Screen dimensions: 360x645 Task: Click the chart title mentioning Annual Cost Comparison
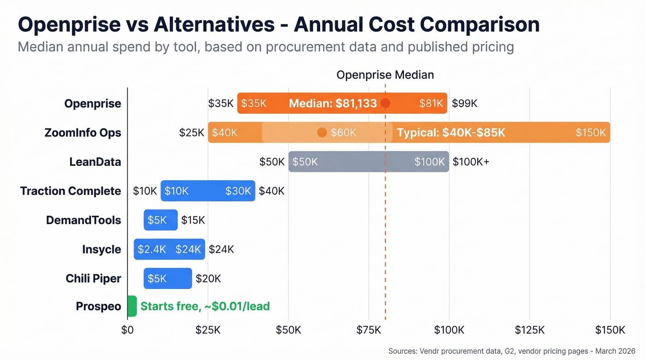coord(278,24)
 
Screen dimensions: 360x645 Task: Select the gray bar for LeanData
coord(369,162)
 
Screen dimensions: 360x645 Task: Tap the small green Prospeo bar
coord(132,307)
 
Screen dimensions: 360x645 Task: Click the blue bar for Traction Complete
coord(207,191)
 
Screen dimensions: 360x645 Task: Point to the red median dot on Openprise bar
coord(385,103)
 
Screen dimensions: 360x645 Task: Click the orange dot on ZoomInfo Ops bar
coord(322,133)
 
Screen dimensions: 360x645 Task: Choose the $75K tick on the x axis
coord(369,330)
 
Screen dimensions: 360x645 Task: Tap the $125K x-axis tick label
coord(529,330)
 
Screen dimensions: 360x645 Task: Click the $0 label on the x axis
coord(127,330)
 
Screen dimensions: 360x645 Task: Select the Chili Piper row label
coord(93,278)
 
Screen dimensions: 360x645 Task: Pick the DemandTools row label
coord(83,220)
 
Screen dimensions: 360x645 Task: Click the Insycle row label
coord(101,249)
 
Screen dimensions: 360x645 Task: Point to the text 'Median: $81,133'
coord(333,103)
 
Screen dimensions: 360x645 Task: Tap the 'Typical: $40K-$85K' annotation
coord(451,133)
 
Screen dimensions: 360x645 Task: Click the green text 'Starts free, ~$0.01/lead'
coord(205,307)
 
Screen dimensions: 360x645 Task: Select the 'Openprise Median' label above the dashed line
coord(385,75)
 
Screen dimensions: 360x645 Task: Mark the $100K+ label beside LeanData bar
coord(471,162)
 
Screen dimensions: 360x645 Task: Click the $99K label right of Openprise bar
coord(464,103)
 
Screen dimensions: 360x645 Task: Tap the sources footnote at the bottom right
coord(512,351)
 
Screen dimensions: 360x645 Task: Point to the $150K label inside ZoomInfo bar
coord(591,133)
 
